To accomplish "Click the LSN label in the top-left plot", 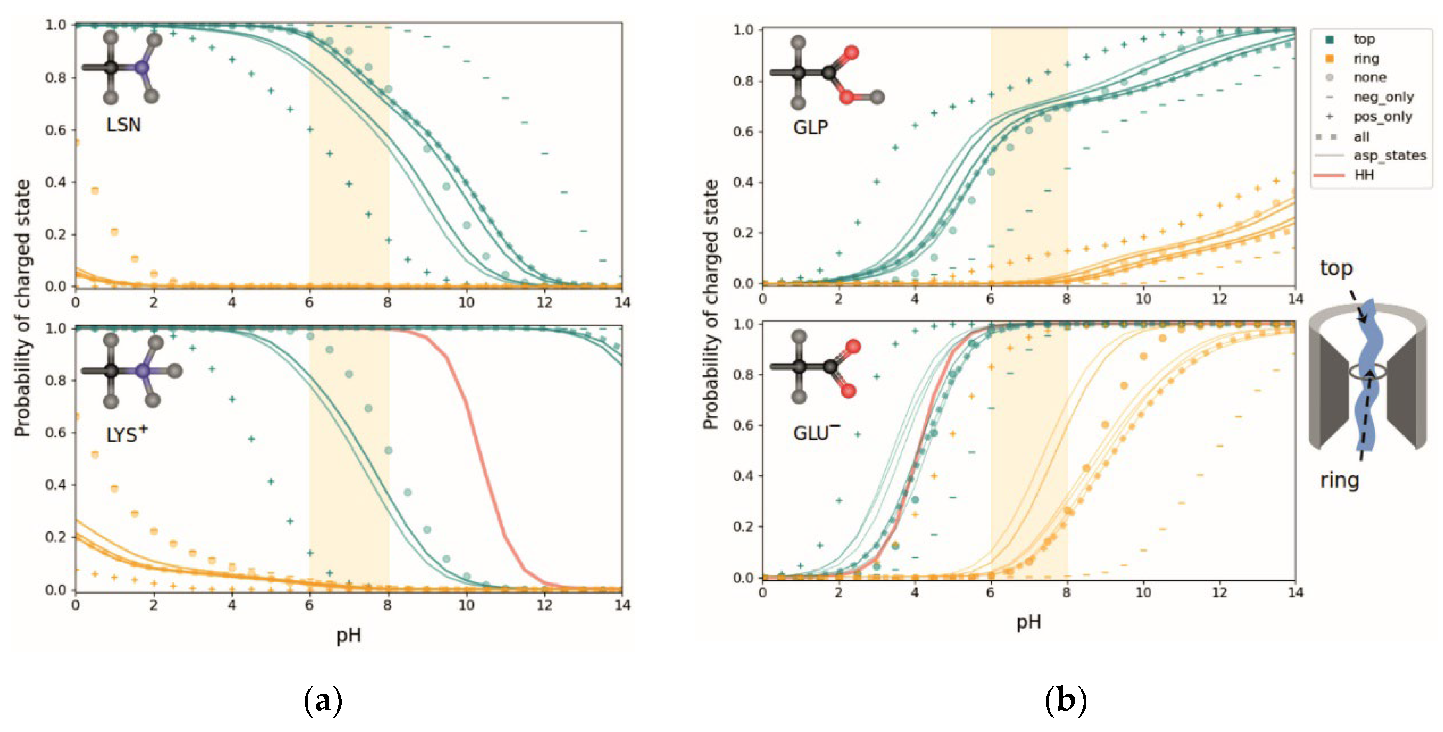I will click(123, 125).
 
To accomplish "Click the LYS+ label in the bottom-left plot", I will click(127, 434).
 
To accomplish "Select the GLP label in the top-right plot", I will click(810, 128).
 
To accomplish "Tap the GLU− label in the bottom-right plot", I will click(816, 433).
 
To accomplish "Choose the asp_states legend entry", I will click(1389, 156).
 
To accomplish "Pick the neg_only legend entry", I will click(1383, 97).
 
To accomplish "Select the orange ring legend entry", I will click(1366, 58).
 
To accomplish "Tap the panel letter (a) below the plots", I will click(323, 701).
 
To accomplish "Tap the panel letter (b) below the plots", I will click(1066, 701).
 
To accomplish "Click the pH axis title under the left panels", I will click(349, 635).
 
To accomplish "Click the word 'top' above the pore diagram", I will click(1336, 268).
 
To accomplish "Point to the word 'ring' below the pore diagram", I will click(1339, 480).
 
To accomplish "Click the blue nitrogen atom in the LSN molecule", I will click(142, 68).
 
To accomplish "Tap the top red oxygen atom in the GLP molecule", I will click(852, 53).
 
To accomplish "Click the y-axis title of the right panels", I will click(710, 305).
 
